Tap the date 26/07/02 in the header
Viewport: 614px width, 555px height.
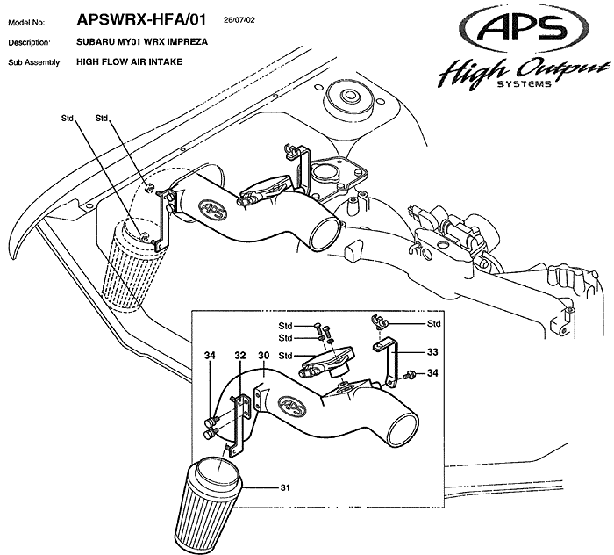coord(240,18)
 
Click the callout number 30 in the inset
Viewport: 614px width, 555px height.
coord(262,356)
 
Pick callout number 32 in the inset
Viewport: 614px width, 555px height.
coord(239,356)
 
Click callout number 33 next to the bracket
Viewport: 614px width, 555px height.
coord(432,351)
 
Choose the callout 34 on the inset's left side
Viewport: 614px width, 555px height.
coord(210,356)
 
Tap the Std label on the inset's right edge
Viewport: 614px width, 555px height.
coord(432,323)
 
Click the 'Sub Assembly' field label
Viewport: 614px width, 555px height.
coord(34,63)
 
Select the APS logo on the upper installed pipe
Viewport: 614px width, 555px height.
coord(213,210)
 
